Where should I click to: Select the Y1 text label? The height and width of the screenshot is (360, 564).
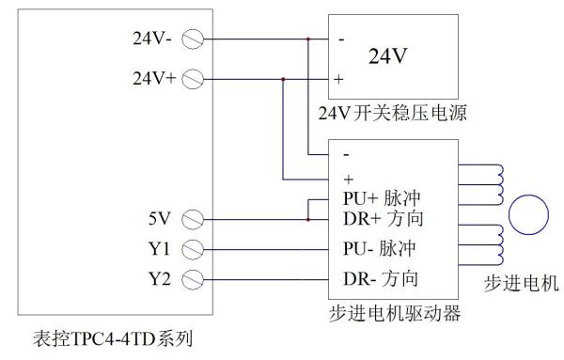click(x=162, y=250)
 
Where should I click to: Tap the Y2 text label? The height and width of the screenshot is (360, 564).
click(x=162, y=279)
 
